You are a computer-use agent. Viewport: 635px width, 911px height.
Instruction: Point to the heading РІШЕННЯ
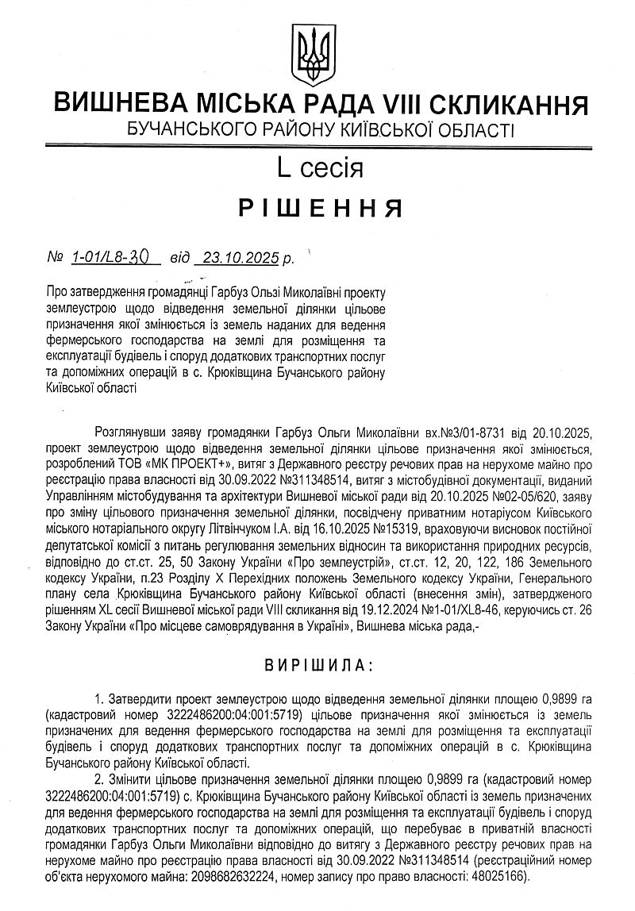coord(318,208)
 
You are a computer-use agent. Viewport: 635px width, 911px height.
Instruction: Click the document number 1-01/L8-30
coord(115,257)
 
